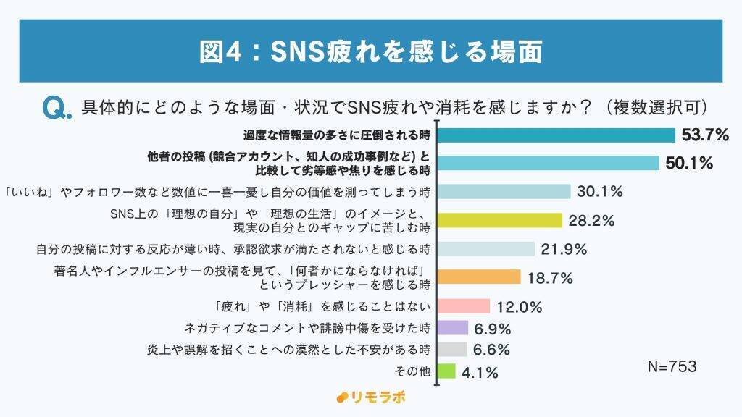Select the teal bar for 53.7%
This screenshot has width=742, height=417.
point(557,135)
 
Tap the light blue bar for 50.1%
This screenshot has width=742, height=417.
point(549,162)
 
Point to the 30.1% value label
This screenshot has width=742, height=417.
point(601,191)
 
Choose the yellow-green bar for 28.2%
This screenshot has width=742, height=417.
point(501,220)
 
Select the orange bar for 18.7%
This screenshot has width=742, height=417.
point(480,277)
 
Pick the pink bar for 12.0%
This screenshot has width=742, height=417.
point(464,306)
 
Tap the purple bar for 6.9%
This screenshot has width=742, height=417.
point(454,328)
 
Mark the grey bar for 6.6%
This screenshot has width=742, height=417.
point(453,350)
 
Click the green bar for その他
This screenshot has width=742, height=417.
point(447,371)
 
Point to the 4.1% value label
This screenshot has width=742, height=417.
point(480,373)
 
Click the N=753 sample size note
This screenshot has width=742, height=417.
point(672,367)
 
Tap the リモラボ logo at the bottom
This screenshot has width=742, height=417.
point(372,397)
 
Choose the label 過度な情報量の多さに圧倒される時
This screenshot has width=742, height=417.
point(336,135)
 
